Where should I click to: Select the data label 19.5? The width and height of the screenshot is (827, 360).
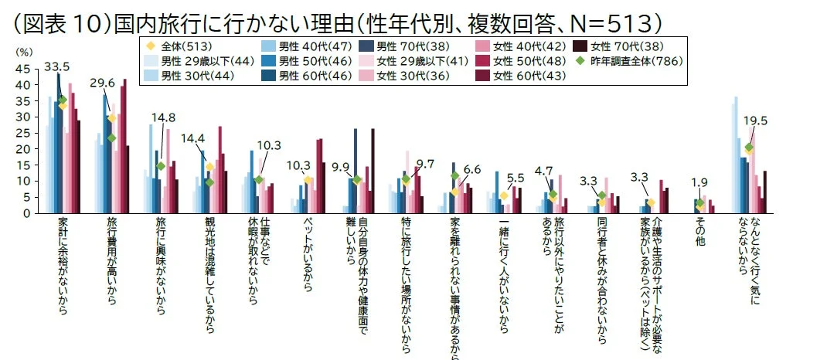click(x=755, y=121)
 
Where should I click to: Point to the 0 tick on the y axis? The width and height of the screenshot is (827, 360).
click(x=27, y=213)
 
